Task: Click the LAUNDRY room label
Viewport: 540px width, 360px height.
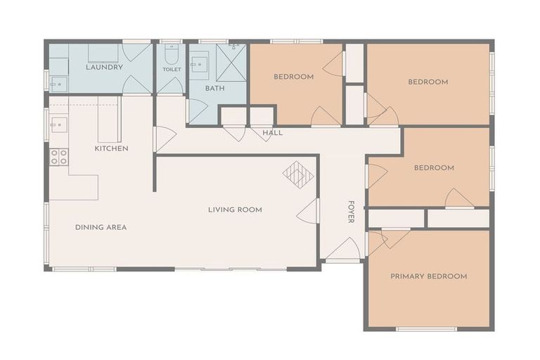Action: point(104,67)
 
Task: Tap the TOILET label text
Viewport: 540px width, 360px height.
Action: point(172,70)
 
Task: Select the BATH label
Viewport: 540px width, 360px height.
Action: point(214,89)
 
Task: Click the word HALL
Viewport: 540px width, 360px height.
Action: point(272,132)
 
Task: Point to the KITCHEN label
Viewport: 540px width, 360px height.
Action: point(111,148)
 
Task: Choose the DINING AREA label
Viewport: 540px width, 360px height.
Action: point(101,227)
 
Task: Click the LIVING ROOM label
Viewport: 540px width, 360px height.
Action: point(235,210)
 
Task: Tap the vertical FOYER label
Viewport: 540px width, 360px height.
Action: point(351,212)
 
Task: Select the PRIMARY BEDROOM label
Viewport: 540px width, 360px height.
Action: point(428,276)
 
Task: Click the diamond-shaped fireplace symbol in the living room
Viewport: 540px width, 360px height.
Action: point(298,174)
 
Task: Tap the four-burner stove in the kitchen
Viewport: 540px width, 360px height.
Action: point(58,157)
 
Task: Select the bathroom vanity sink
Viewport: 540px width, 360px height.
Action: point(198,65)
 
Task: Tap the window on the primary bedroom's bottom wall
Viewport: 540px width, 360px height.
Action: point(425,328)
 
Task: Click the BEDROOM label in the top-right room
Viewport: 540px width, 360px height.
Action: point(427,82)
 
